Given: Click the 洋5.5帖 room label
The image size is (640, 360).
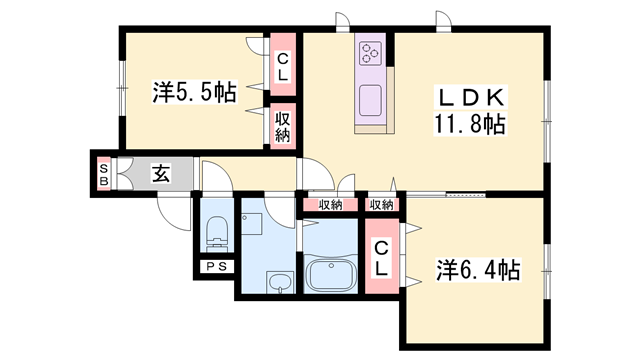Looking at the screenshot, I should [195, 93].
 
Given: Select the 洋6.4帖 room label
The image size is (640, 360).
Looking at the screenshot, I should [477, 270].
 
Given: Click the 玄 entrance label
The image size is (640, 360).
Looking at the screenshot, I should [160, 173].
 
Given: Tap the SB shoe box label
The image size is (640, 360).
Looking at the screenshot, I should [103, 174].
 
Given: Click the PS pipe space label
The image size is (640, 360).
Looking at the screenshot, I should [215, 266].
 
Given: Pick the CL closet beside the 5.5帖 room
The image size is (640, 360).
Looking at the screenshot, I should [283, 66].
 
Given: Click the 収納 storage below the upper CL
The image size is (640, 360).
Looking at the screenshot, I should [283, 125].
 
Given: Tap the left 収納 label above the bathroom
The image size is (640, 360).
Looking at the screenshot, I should [330, 205].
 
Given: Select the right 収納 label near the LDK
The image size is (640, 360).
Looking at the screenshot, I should [381, 205].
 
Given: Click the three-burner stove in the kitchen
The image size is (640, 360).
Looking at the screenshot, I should [371, 51].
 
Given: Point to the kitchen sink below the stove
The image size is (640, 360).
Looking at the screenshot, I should [371, 101].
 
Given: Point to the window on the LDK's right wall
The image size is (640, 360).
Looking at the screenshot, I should [548, 120].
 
